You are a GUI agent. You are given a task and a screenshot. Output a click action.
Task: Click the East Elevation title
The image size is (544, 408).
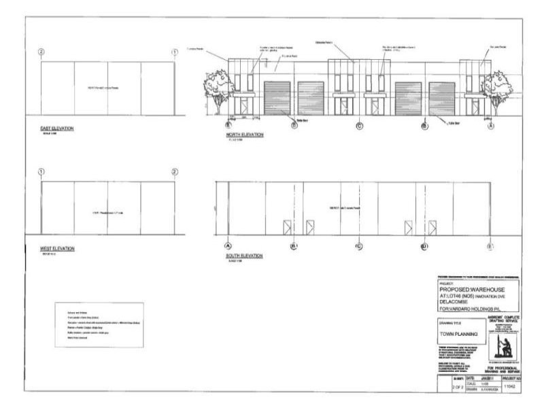coord(56,129)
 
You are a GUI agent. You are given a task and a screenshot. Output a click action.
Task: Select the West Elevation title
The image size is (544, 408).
coord(57,248)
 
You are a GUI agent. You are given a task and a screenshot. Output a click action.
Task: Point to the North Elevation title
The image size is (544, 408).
coord(244,135)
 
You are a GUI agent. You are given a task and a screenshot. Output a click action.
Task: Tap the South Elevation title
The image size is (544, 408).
coord(243,256)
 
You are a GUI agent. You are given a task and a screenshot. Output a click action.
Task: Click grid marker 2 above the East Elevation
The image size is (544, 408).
coord(41,52)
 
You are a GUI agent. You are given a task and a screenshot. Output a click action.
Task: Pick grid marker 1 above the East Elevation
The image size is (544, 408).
coord(175,52)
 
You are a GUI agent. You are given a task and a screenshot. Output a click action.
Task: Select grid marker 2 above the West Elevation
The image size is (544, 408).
coord(175,171)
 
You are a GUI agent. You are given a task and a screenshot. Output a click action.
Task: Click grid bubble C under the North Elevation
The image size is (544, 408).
coord(360,126)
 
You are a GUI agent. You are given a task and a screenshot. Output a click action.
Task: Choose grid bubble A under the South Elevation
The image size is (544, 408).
coord(227,245)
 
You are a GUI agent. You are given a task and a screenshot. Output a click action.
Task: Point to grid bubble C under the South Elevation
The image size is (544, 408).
coord(358,245)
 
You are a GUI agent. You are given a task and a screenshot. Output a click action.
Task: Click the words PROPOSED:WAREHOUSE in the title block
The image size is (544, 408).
coord(469,288)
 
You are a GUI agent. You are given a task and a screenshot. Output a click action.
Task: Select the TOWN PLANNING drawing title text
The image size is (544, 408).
coord(457,335)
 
